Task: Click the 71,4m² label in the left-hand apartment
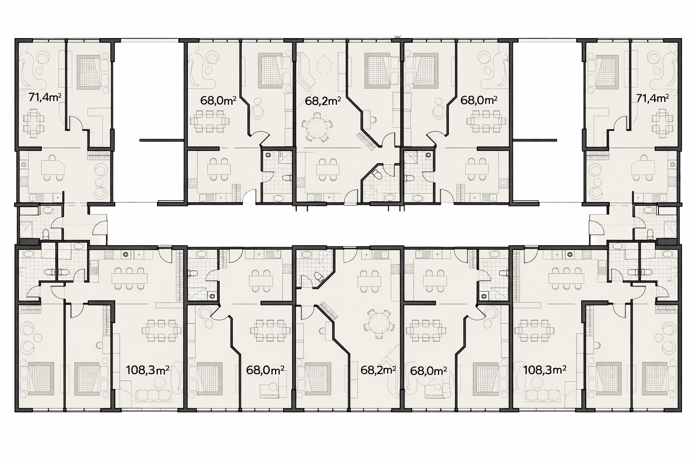point(45,97)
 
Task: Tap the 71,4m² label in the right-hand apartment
point(653,99)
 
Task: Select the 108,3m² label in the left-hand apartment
point(147,370)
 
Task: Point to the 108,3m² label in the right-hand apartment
point(545,370)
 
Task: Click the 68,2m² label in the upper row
point(323,101)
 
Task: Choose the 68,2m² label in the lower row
point(378,370)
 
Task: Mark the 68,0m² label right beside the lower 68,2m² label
point(428,371)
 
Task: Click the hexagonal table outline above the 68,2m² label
point(324,66)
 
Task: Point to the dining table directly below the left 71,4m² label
point(34,124)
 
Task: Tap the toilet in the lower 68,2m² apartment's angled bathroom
point(318,276)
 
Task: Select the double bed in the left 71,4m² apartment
point(89,72)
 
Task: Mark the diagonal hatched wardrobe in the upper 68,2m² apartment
point(368,140)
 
